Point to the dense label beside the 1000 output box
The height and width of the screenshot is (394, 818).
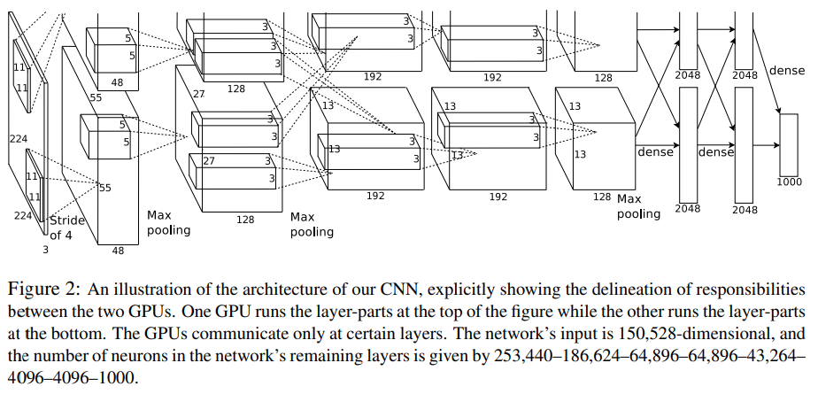coord(787,70)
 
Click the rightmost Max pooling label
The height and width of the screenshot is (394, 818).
coord(639,206)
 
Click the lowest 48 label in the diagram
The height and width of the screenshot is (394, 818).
coord(118,251)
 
